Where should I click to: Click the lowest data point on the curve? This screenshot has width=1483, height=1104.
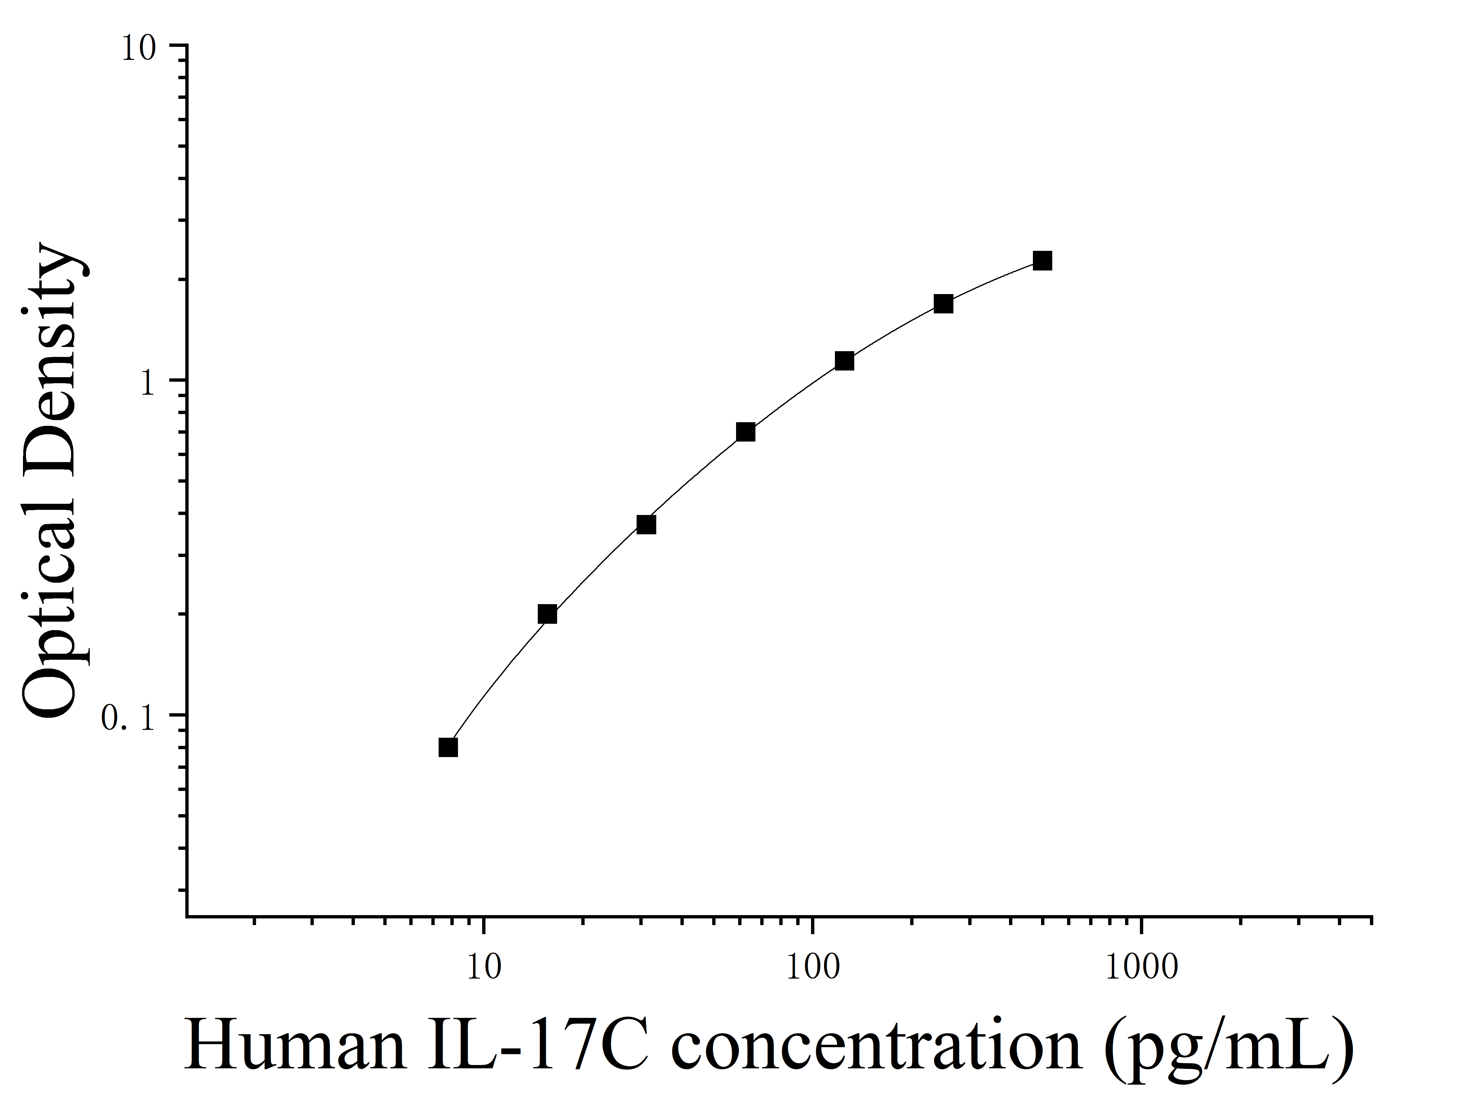pos(449,747)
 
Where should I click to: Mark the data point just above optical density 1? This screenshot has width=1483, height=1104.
pos(844,361)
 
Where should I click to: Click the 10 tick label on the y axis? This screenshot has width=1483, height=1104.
pos(137,50)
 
